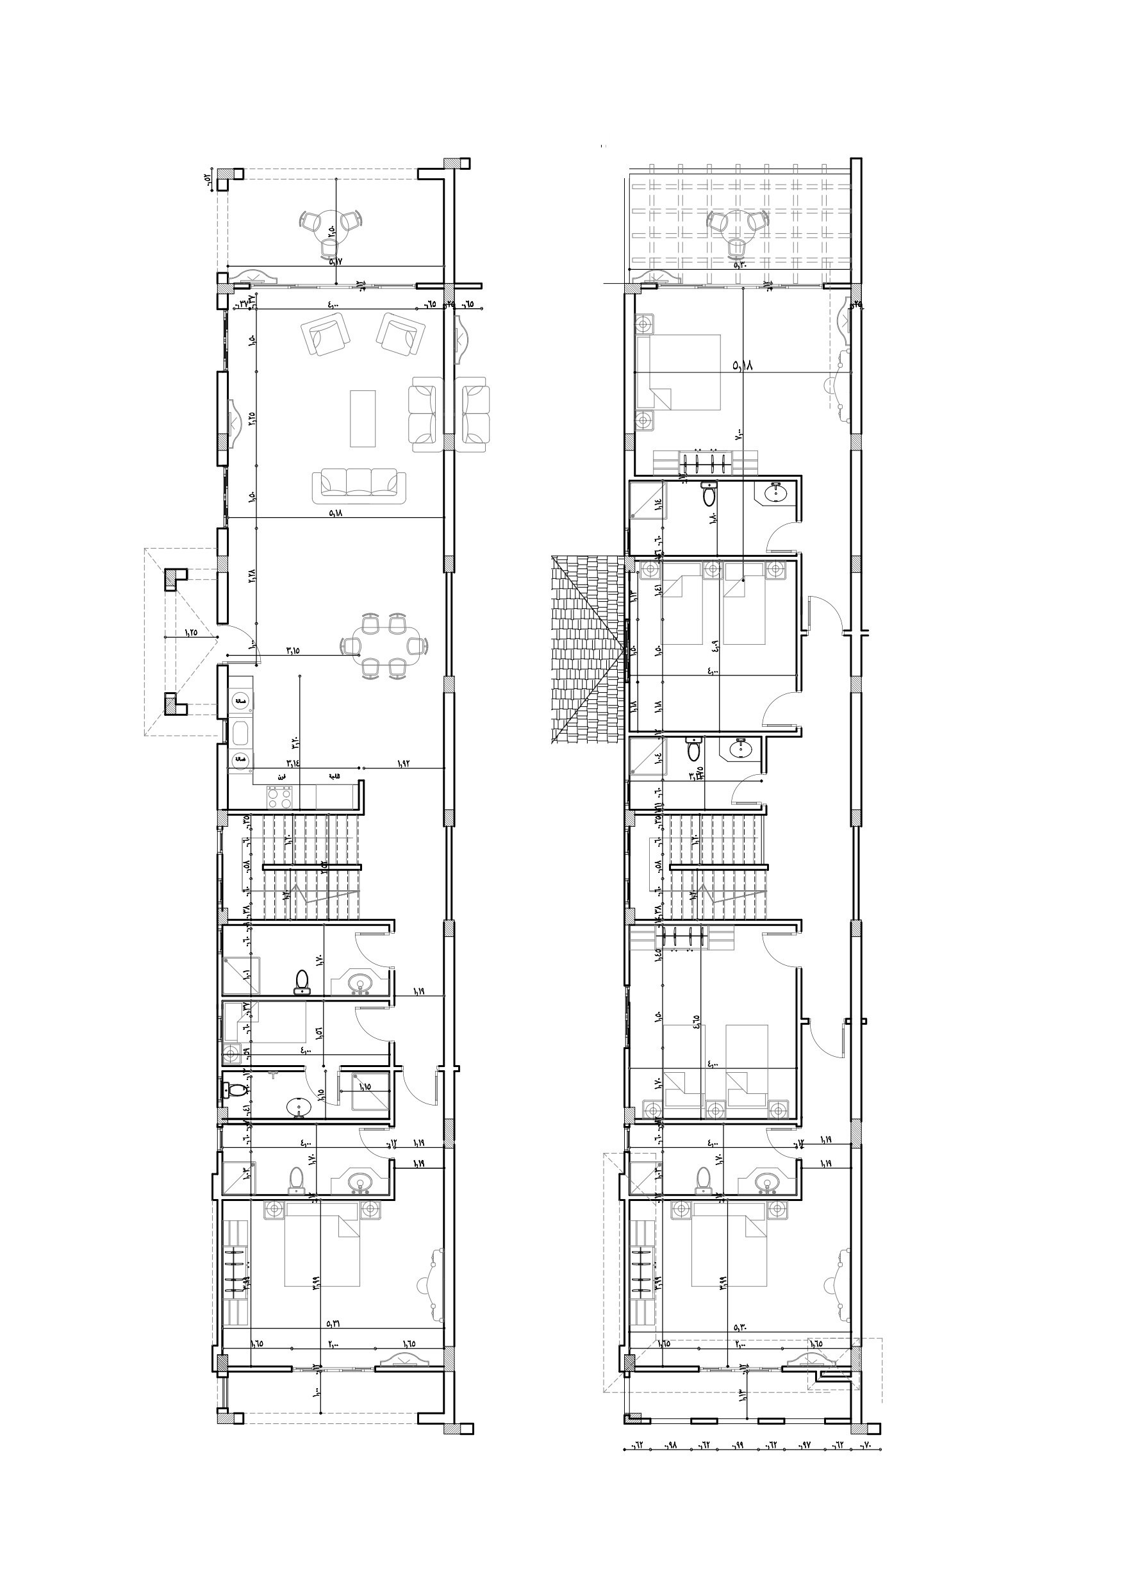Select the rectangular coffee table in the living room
tap(362, 418)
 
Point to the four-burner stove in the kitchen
tap(280, 797)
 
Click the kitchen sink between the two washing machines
tap(240, 732)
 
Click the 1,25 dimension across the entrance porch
tap(190, 631)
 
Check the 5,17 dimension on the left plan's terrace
tap(335, 261)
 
